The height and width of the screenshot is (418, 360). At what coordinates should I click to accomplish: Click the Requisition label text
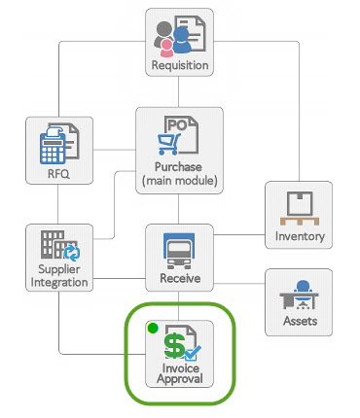pyautogui.click(x=179, y=66)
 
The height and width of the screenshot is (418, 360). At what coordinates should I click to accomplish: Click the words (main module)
pyautogui.click(x=179, y=180)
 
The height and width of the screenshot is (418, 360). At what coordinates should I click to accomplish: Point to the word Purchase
pyautogui.click(x=179, y=167)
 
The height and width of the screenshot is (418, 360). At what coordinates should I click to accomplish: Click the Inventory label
pyautogui.click(x=300, y=236)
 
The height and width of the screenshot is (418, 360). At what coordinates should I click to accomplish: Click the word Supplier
pyautogui.click(x=59, y=268)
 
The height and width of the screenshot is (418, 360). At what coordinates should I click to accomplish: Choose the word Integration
pyautogui.click(x=59, y=282)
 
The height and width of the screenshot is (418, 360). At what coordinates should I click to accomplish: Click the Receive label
pyautogui.click(x=179, y=279)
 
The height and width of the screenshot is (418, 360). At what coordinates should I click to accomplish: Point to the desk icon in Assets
pyautogui.click(x=300, y=294)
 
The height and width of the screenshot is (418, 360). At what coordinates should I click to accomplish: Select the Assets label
pyautogui.click(x=300, y=321)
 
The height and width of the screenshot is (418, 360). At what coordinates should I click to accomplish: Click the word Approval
pyautogui.click(x=179, y=380)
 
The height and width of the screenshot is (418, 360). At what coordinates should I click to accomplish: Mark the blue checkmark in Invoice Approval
pyautogui.click(x=191, y=354)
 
